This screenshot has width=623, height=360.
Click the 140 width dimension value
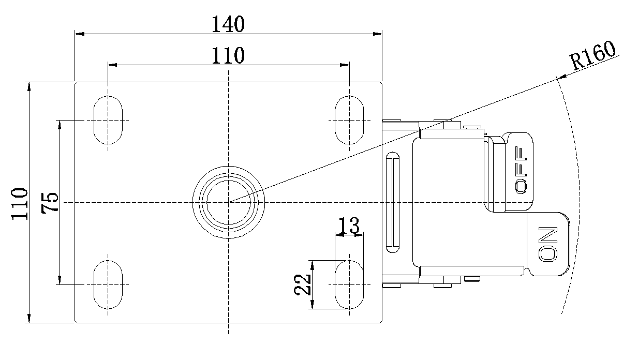tap(228, 24)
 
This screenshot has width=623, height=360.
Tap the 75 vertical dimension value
tap(50, 202)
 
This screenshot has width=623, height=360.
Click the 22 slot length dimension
tap(302, 284)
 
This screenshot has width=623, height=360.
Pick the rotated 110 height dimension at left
tap(20, 203)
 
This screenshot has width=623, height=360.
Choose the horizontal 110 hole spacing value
tap(228, 55)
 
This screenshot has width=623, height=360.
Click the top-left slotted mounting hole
tap(108, 120)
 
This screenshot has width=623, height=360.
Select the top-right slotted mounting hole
tap(349, 120)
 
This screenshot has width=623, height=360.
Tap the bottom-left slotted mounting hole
tap(108, 284)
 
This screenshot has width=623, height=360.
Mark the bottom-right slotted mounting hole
tap(349, 284)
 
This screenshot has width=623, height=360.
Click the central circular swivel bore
tap(228, 202)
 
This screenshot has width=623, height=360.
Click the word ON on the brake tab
tap(547, 243)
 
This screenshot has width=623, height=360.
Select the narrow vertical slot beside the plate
tap(393, 202)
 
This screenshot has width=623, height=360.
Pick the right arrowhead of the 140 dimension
tap(378, 34)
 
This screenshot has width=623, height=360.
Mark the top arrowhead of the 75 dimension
tap(60, 124)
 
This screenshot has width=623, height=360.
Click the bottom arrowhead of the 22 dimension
tap(311, 305)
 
